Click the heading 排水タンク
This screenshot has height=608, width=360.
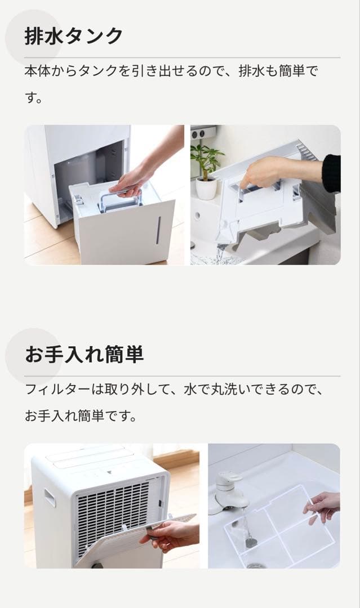pos(74,36)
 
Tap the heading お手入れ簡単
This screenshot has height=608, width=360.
pos(84,354)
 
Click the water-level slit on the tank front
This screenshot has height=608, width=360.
pos(158,230)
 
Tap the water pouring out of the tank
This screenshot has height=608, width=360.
pos(220,253)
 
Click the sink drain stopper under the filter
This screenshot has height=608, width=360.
pos(251,541)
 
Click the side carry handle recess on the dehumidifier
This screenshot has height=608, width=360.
pos(50,498)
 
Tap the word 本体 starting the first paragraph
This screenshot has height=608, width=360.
pos(38,71)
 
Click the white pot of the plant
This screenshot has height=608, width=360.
pos(206,189)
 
